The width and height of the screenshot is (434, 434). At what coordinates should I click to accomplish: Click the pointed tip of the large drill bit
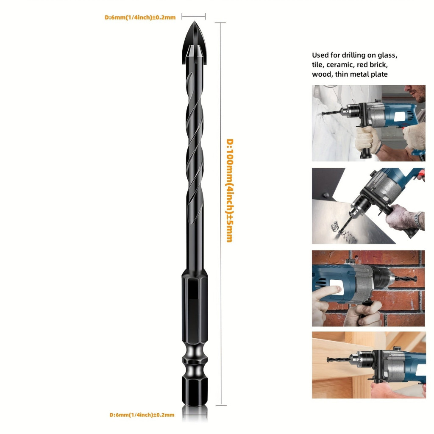click(194, 22)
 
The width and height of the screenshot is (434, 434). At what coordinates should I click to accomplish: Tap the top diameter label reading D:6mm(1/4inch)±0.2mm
click(140, 17)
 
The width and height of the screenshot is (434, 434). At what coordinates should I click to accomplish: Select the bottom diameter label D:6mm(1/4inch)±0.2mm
click(142, 415)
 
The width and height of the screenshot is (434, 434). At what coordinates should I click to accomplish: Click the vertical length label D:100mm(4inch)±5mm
click(230, 190)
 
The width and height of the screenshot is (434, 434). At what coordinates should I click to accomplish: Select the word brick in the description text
click(379, 65)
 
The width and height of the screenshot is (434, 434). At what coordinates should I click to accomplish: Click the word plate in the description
click(379, 74)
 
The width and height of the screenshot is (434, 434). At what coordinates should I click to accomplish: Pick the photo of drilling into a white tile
click(368, 123)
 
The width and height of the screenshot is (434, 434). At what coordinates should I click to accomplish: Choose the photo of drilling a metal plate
click(368, 206)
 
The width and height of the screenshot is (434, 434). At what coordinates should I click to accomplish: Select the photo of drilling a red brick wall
click(368, 288)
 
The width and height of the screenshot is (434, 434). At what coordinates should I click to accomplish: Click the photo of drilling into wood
click(369, 365)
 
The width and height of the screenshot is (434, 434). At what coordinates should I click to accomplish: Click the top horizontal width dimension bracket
click(194, 17)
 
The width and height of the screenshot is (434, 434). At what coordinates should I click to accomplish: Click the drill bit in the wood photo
click(338, 359)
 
